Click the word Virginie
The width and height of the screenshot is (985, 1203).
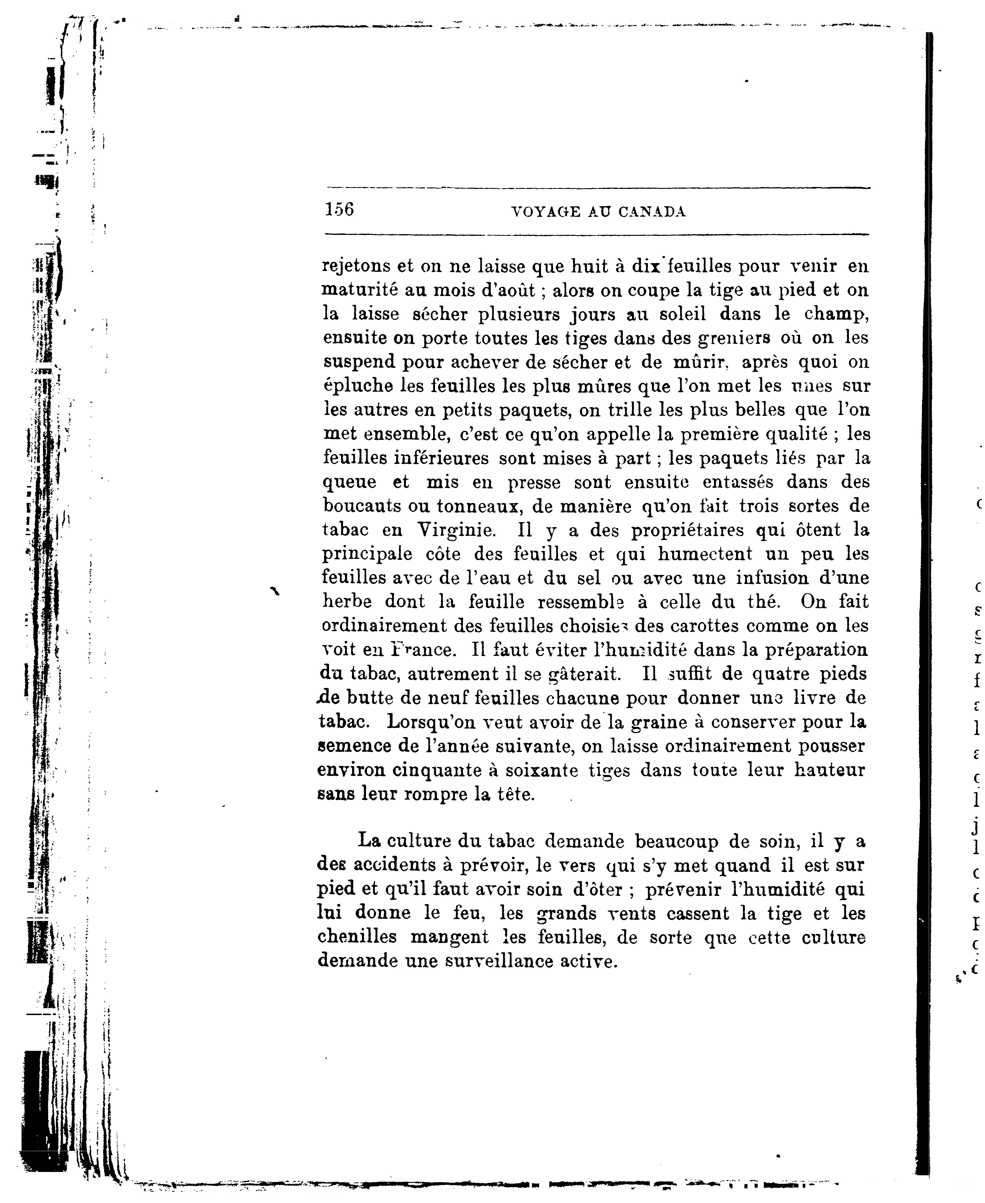455,530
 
